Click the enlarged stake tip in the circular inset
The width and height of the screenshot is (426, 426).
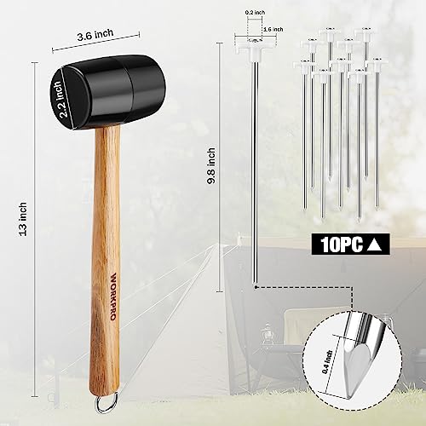[358, 350]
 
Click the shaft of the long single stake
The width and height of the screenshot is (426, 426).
[255, 170]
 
